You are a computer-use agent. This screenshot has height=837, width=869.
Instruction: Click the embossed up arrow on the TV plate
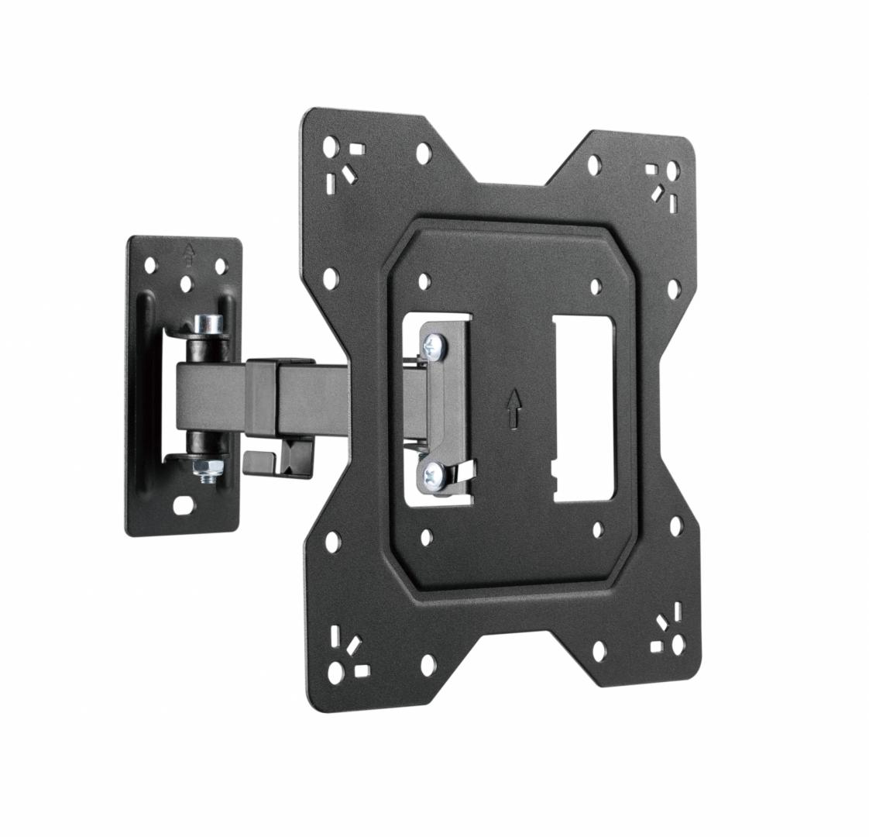pos(513,408)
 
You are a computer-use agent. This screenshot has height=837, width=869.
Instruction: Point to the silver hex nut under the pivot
pos(210,467)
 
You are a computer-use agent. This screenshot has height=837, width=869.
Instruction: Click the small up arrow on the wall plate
pos(186,251)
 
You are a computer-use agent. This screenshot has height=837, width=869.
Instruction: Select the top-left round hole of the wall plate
pos(150,265)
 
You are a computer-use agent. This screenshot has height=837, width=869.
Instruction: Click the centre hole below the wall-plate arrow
pos(186,284)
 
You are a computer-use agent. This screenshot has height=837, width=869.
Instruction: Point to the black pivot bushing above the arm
pos(204,350)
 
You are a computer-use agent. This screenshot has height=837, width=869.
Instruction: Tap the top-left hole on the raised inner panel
pos(423,281)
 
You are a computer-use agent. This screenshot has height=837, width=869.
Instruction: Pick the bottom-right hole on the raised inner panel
pos(598,530)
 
